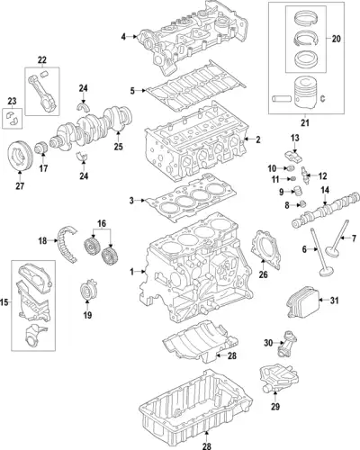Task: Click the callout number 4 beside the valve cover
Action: (x=123, y=37)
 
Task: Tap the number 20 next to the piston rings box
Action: (x=337, y=39)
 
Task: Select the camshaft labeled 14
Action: (x=326, y=210)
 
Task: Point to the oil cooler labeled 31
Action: (x=301, y=302)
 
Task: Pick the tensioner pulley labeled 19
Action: (x=87, y=289)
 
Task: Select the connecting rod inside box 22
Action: (x=42, y=93)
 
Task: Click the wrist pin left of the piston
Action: (x=282, y=98)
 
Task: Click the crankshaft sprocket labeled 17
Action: (x=40, y=148)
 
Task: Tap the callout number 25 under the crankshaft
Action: (x=118, y=147)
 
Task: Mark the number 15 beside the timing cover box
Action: (x=4, y=302)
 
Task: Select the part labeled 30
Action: (x=284, y=344)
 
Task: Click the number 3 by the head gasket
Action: (x=131, y=201)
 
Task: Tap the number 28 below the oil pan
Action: (x=207, y=445)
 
